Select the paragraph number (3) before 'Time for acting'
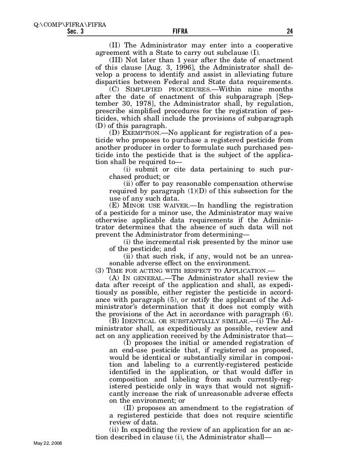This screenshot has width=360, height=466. coord(99,270)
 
